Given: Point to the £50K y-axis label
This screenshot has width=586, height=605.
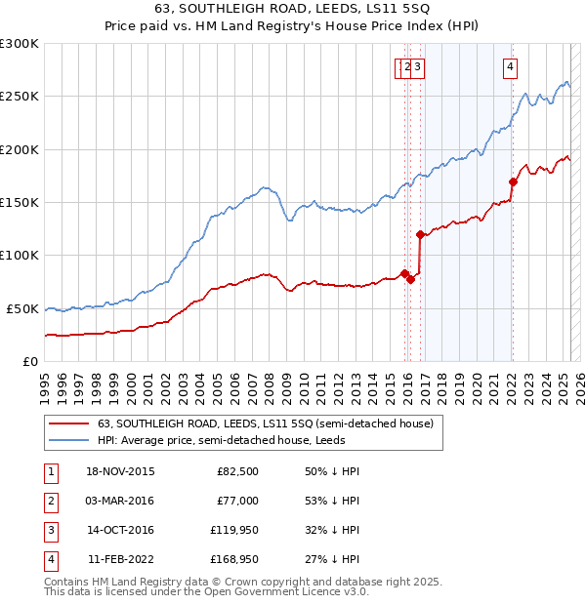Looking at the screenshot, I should tap(22, 308).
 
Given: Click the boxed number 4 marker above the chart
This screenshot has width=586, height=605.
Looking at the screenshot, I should tap(510, 67).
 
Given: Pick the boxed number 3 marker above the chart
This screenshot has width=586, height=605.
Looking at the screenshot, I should tap(417, 67).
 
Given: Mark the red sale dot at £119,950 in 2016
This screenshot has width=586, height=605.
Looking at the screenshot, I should tap(420, 234).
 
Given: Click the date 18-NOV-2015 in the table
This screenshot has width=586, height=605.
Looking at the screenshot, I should tap(120, 471).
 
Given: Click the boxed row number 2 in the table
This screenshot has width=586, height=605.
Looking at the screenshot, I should tap(50, 501).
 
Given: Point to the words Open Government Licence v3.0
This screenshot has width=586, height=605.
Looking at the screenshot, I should tap(284, 591).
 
